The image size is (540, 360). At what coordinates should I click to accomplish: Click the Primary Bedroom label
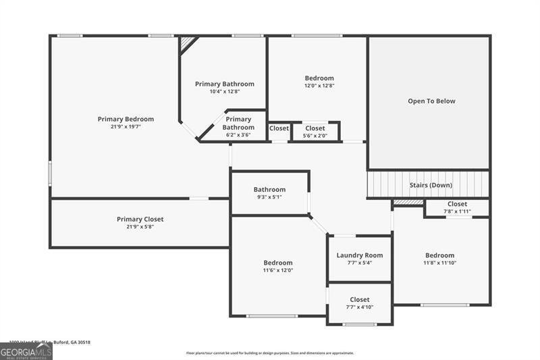coord(126,119)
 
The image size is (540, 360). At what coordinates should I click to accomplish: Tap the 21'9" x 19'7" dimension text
coord(126,126)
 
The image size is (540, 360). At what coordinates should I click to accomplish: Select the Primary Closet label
coord(140,219)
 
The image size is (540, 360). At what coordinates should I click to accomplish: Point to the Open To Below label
coord(431,101)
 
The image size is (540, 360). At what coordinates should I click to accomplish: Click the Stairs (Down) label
coord(431,185)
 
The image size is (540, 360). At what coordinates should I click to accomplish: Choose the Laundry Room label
coord(360,255)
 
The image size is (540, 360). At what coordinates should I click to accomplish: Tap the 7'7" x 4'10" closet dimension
coord(360,307)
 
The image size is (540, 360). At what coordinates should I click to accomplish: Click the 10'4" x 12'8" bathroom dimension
coord(225,91)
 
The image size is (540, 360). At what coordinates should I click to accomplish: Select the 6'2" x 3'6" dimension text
coord(238,135)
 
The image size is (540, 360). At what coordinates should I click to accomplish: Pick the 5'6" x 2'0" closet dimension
coord(315,135)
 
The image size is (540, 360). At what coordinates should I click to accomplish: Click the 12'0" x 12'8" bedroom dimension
coord(319,86)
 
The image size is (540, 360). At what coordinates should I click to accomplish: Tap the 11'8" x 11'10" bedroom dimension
coord(439,263)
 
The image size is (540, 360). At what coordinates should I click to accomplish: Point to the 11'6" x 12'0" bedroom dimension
coord(278,270)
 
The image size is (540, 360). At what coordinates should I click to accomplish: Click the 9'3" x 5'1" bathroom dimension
coord(269,197)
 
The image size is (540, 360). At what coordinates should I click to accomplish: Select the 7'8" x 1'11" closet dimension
coord(457,211)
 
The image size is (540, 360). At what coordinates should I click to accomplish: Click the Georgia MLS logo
coord(26,352)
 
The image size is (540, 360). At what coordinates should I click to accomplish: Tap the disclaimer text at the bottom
coord(270,353)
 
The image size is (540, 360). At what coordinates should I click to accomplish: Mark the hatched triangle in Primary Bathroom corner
coord(186,43)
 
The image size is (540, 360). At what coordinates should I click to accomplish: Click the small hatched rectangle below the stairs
coord(408,202)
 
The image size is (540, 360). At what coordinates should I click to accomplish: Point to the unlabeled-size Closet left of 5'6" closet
coord(279,128)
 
